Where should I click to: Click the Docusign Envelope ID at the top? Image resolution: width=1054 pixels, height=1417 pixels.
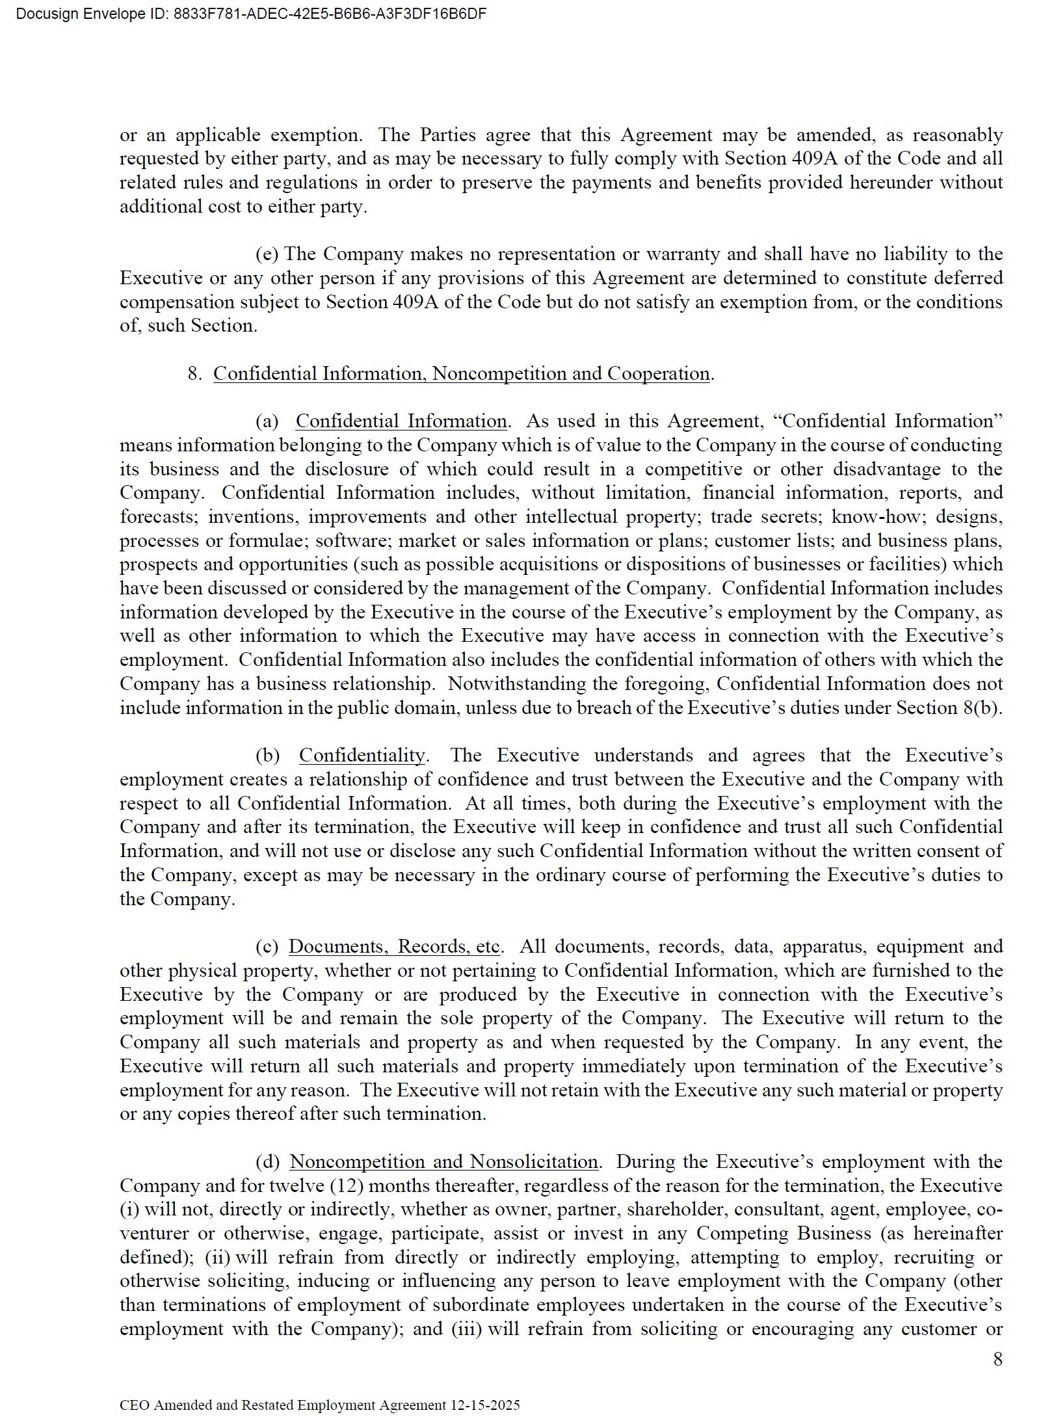(251, 14)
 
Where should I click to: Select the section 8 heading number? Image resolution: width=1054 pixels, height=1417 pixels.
(194, 374)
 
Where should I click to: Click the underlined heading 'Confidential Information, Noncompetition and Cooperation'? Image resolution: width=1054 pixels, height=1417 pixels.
(461, 374)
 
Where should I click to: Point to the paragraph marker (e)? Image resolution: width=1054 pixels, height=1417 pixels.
(267, 254)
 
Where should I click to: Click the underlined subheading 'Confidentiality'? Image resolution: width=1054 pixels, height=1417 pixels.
(362, 756)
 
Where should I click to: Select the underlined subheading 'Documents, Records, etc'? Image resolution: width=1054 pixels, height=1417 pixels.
(395, 946)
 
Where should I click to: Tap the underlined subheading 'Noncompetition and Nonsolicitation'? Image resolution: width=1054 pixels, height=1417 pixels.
(443, 1161)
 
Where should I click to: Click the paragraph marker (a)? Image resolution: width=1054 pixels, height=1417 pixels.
(267, 421)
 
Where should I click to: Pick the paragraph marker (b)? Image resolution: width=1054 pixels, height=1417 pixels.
(267, 756)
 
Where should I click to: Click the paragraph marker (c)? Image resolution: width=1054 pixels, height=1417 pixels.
(267, 946)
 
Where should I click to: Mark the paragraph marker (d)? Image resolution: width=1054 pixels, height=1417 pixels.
(267, 1161)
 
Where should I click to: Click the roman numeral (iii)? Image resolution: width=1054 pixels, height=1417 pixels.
(467, 1329)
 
